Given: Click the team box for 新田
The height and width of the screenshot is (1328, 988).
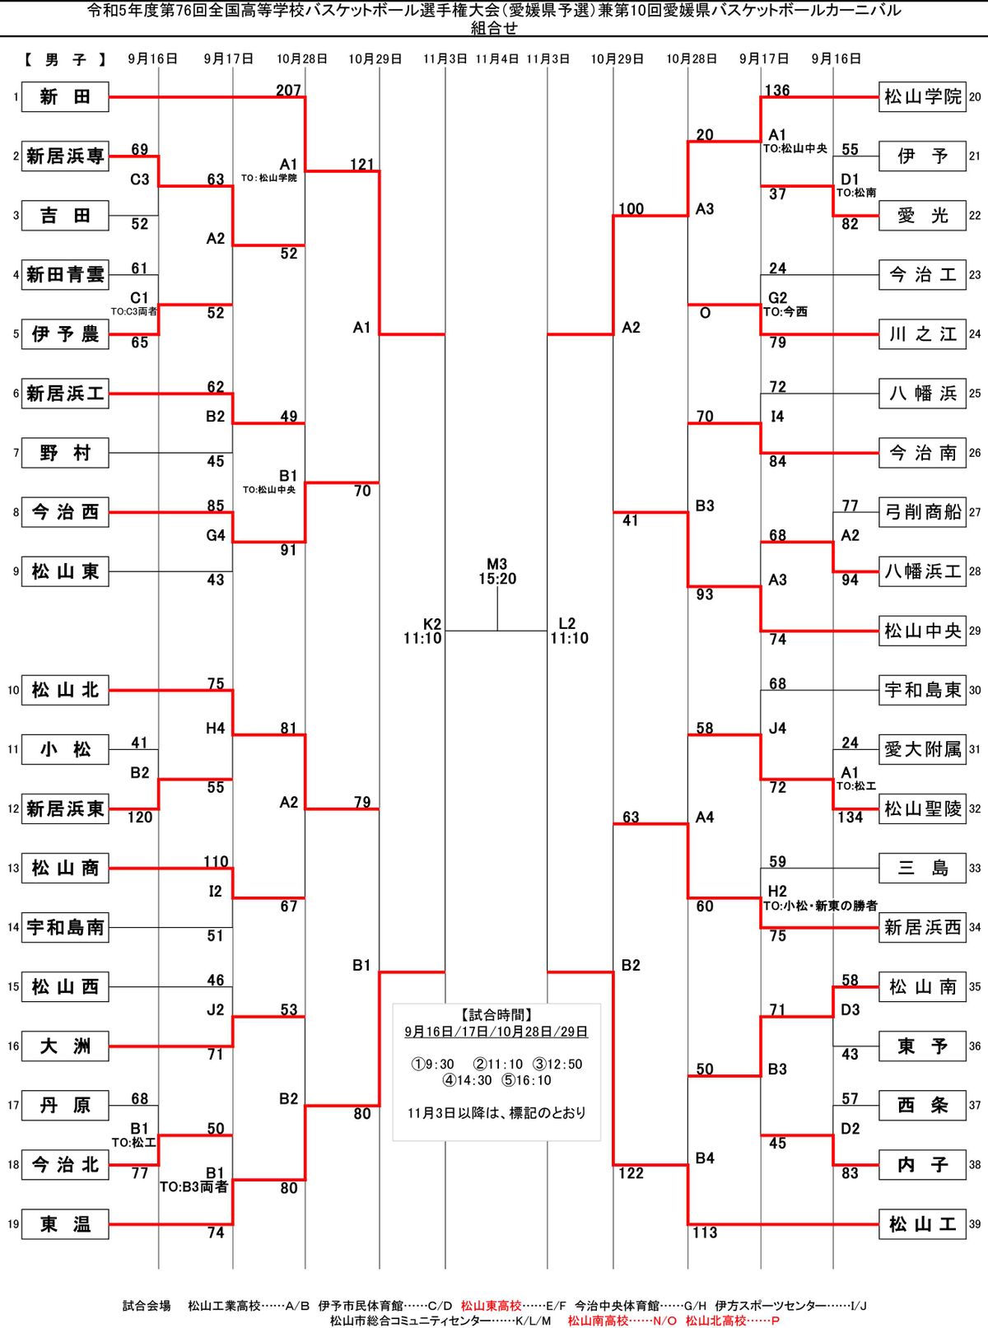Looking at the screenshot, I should click(65, 97).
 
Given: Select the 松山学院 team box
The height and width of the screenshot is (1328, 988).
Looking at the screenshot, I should click(922, 97).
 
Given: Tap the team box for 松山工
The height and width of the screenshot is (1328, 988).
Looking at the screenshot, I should click(922, 1224).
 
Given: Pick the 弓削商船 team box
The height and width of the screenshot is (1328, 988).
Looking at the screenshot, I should click(922, 512).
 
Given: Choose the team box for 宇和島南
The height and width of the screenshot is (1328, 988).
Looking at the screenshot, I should click(65, 927).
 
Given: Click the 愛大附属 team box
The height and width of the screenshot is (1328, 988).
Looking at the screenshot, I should click(922, 749).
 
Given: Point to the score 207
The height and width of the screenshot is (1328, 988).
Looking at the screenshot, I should click(288, 91).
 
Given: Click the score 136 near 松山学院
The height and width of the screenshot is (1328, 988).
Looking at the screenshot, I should click(777, 91).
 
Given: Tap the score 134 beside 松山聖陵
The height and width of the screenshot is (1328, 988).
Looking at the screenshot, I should click(850, 818).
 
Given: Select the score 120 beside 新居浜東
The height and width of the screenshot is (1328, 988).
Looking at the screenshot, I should click(140, 818).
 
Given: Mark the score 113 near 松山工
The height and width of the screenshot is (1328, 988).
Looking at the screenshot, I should click(705, 1232).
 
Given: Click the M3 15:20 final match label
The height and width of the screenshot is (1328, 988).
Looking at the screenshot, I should click(497, 571).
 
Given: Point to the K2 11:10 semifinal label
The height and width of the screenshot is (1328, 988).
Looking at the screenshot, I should click(423, 631).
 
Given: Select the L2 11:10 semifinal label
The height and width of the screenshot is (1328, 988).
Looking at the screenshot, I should click(569, 631).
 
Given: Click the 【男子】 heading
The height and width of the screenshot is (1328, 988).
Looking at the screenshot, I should click(65, 59).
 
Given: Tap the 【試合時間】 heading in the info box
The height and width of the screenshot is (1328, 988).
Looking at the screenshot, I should click(496, 1015).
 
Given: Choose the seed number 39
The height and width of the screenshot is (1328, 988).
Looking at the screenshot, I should click(975, 1224).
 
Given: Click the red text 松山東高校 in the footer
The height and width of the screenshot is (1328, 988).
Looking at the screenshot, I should click(491, 1306).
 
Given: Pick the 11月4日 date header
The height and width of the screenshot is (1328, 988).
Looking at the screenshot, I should click(497, 59).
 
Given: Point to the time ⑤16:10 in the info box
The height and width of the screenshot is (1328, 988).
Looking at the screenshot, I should click(527, 1080).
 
